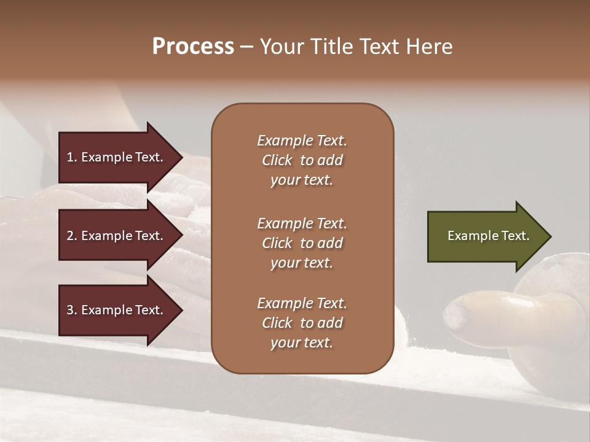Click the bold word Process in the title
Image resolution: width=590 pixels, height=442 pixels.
[193, 47]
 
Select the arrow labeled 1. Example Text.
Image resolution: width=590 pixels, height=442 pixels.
[117, 157]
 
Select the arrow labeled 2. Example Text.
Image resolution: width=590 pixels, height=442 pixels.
[117, 236]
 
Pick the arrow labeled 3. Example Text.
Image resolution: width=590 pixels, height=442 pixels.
[117, 310]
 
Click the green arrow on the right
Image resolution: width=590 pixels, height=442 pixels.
[486, 236]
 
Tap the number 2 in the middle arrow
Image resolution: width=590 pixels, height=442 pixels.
[70, 236]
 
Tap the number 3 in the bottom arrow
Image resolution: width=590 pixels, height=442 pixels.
[70, 310]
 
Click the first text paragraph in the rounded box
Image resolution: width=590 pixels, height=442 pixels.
[302, 160]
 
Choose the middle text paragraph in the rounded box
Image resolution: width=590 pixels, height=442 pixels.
[302, 243]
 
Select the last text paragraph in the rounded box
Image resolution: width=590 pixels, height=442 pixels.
[302, 323]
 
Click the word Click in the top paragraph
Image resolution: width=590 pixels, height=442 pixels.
[277, 160]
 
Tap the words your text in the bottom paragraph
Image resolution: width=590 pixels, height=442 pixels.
[302, 343]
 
